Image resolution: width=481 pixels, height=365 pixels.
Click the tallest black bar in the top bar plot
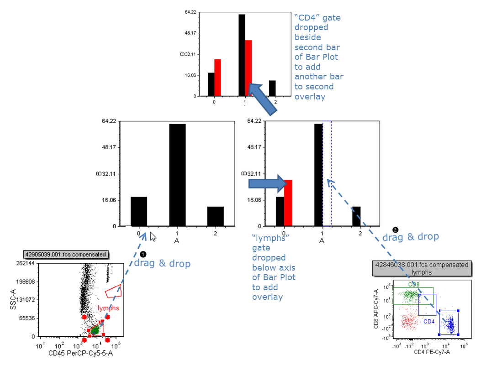pos(242,55)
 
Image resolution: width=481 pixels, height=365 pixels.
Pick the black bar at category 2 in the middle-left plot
pos(215,216)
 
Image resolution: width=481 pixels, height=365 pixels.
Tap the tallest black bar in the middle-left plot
pos(177,175)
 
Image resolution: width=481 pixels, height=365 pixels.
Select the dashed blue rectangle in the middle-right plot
pos(327,173)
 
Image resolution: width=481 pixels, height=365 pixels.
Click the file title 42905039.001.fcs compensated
pos(66,255)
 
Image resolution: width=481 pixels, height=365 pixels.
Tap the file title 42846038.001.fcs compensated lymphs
pos(421,268)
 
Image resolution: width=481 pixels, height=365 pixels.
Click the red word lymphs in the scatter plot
pos(108,308)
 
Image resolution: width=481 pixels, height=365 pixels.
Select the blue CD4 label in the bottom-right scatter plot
pos(428,322)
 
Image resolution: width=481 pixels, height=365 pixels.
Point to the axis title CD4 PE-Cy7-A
pos(432,352)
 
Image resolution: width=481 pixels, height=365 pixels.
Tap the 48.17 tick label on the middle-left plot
pos(110,147)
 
